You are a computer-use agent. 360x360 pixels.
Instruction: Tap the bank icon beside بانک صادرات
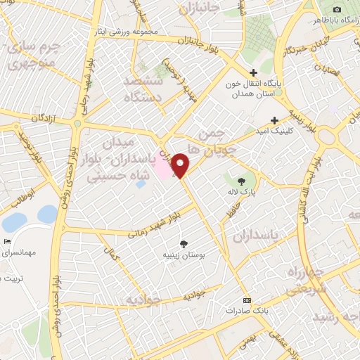coord(245,298)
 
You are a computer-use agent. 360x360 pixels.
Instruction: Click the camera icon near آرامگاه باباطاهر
coord(337,8)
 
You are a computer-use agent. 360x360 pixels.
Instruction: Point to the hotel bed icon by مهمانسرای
coord(7,241)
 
